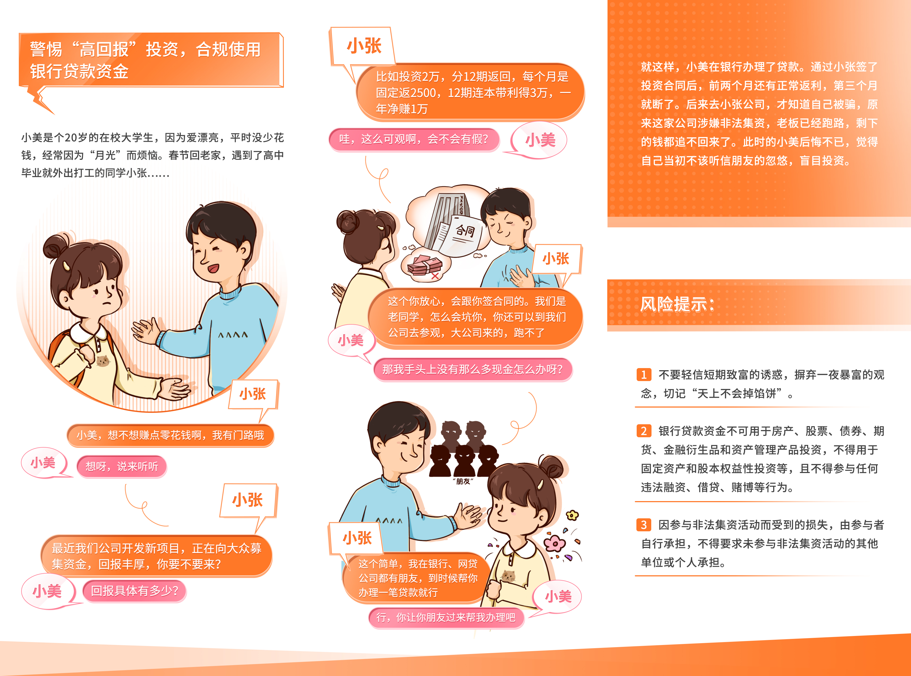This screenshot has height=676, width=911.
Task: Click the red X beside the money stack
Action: [x=435, y=276]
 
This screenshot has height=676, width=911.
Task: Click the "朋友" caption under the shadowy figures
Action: [x=463, y=481]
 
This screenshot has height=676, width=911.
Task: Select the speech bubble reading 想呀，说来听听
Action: [x=122, y=466]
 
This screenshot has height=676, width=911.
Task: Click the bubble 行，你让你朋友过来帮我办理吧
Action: [x=446, y=617]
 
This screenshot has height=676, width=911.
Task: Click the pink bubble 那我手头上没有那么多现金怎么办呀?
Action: [x=473, y=369]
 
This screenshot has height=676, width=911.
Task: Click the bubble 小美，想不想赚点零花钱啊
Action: [x=170, y=435]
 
